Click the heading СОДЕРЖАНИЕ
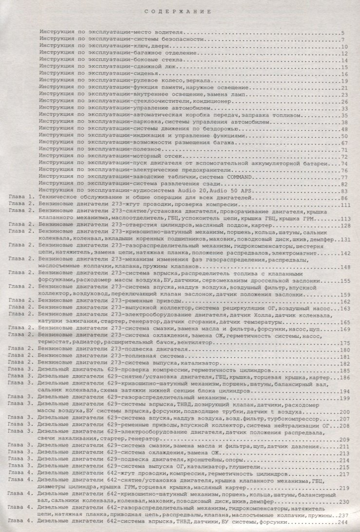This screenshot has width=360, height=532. point(180,10)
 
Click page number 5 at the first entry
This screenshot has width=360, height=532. point(343,33)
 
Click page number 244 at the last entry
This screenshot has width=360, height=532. point(344,521)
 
